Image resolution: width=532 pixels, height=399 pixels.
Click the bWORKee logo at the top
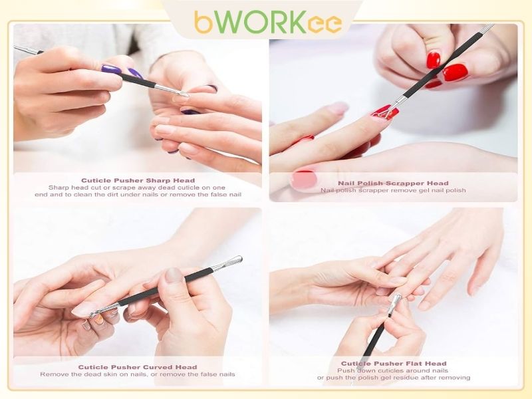tap(268, 22)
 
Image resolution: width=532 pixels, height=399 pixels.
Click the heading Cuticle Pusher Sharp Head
tap(138, 180)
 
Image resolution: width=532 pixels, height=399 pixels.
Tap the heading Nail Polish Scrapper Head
tap(393, 184)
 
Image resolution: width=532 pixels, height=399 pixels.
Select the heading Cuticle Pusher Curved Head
tap(138, 367)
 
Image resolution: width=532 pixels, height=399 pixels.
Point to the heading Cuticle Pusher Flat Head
tap(394, 364)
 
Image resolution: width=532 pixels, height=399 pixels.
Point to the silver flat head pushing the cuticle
tap(395, 303)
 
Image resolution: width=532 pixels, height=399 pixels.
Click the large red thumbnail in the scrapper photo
tap(455, 72)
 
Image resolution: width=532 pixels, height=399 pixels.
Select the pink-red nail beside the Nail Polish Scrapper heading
tap(304, 179)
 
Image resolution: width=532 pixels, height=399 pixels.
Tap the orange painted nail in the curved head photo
tap(98, 320)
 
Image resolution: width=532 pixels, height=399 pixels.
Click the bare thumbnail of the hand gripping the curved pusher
tap(174, 275)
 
